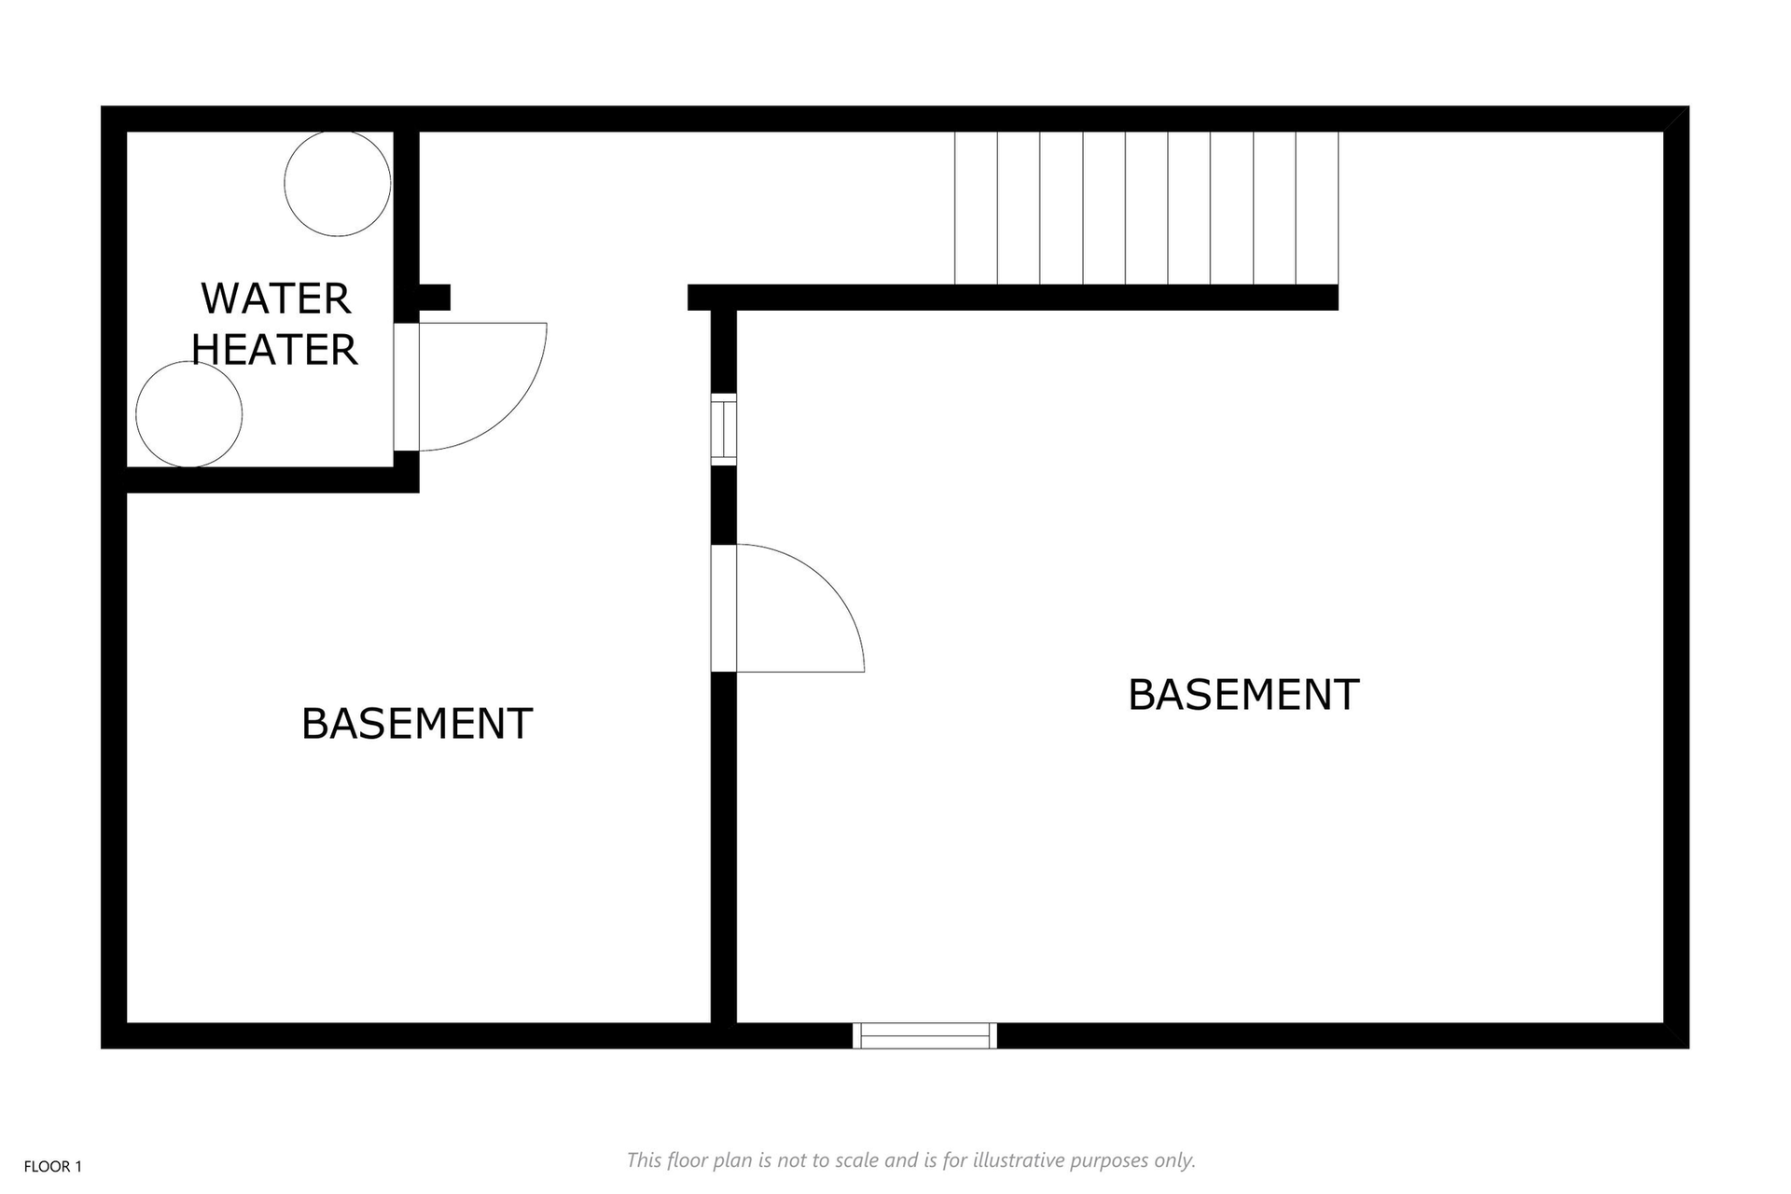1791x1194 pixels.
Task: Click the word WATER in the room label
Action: tap(276, 299)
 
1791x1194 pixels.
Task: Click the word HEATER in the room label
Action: tap(275, 350)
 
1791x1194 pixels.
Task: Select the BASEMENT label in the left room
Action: tap(417, 724)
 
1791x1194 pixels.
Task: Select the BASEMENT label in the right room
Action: tap(1243, 695)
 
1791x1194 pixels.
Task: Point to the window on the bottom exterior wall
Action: tap(924, 1035)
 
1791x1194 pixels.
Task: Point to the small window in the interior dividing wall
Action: tap(724, 429)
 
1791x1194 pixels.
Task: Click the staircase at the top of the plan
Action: tap(1146, 208)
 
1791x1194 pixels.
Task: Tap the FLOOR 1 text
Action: tap(53, 1167)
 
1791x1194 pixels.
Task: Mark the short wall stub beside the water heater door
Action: tap(434, 298)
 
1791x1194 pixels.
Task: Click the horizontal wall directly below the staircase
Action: tap(1013, 298)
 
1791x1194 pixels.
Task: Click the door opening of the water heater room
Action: tap(407, 387)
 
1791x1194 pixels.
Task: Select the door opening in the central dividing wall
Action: tap(724, 608)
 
